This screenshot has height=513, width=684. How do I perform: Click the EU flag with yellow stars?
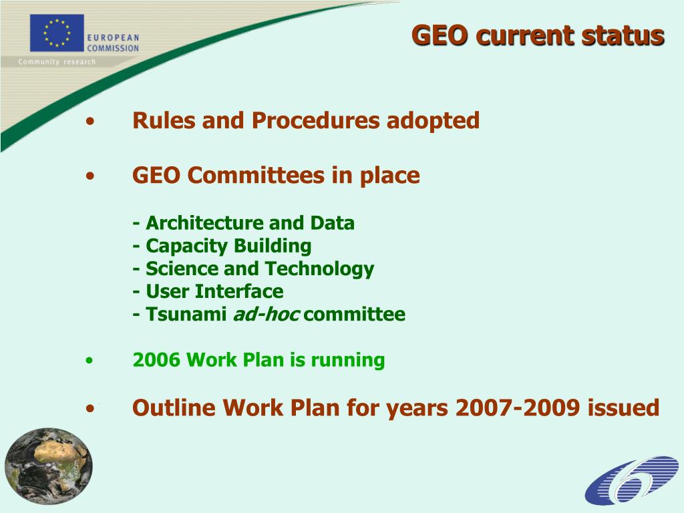(57, 33)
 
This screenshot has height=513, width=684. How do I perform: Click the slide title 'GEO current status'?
(537, 35)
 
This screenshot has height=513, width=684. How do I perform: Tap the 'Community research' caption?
(57, 62)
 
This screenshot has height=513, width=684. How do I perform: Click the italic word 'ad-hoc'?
(265, 315)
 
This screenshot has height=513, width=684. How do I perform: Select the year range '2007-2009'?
(517, 407)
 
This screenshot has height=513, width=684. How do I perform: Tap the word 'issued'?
(623, 407)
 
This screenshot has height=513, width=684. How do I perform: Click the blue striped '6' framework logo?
(631, 480)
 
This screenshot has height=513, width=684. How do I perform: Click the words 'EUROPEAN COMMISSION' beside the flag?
(112, 43)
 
